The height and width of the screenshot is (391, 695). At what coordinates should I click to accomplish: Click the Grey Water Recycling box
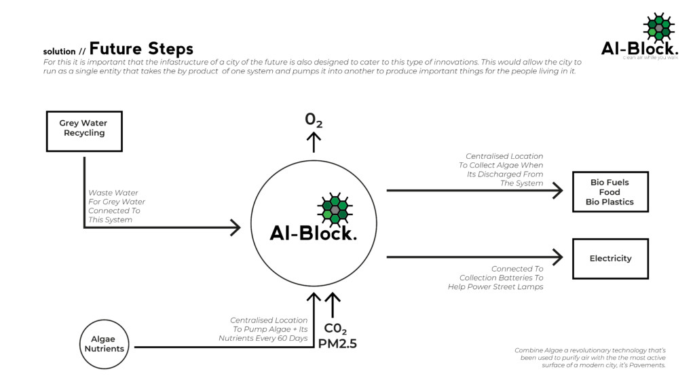pos(84,131)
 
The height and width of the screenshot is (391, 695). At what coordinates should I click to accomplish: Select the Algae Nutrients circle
pos(104,344)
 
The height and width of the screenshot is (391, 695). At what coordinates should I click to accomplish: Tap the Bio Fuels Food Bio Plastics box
pos(609,192)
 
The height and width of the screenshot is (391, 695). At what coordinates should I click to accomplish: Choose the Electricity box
pos(609,259)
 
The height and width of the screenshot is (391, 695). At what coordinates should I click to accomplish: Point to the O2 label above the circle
pos(313,120)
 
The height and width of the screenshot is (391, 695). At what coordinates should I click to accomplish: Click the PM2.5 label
pos(337,344)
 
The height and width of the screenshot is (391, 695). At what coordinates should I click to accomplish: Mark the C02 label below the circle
pos(335,329)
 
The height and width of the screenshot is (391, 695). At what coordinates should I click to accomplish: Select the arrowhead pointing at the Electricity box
pos(558,257)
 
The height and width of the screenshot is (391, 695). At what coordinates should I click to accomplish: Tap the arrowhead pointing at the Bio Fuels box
pos(558,191)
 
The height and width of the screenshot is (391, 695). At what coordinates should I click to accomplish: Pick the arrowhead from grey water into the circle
pos(235,227)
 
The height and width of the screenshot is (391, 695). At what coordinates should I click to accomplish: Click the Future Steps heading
pos(141,49)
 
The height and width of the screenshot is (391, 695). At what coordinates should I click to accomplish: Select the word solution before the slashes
pos(59,52)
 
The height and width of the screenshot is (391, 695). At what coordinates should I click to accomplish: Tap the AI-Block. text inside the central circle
pos(313,233)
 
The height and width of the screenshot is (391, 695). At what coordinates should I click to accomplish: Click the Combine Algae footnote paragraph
pos(590,358)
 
